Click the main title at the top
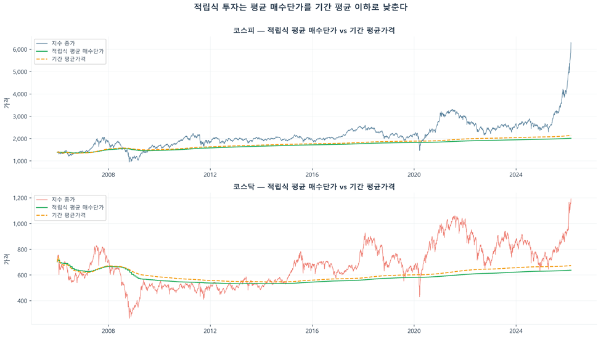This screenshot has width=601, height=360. click(x=300, y=7)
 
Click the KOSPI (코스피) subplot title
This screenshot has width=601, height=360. click(x=314, y=30)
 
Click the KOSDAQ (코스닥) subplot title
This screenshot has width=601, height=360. click(x=314, y=186)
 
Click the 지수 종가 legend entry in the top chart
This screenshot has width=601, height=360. click(x=63, y=43)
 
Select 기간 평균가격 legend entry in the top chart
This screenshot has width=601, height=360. click(x=68, y=59)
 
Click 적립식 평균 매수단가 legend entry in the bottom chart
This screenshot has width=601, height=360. click(x=78, y=208)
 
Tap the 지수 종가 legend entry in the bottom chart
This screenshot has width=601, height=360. click(x=63, y=199)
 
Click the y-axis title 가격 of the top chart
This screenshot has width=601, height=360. click(x=6, y=102)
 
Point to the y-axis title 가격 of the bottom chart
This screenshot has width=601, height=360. click(x=6, y=258)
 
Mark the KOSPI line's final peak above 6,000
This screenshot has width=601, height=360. click(x=571, y=43)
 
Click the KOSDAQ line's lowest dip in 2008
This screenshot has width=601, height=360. click(x=129, y=317)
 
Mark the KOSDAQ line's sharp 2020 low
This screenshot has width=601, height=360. click(x=420, y=297)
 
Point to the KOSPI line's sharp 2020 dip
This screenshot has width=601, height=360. click(x=420, y=150)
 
